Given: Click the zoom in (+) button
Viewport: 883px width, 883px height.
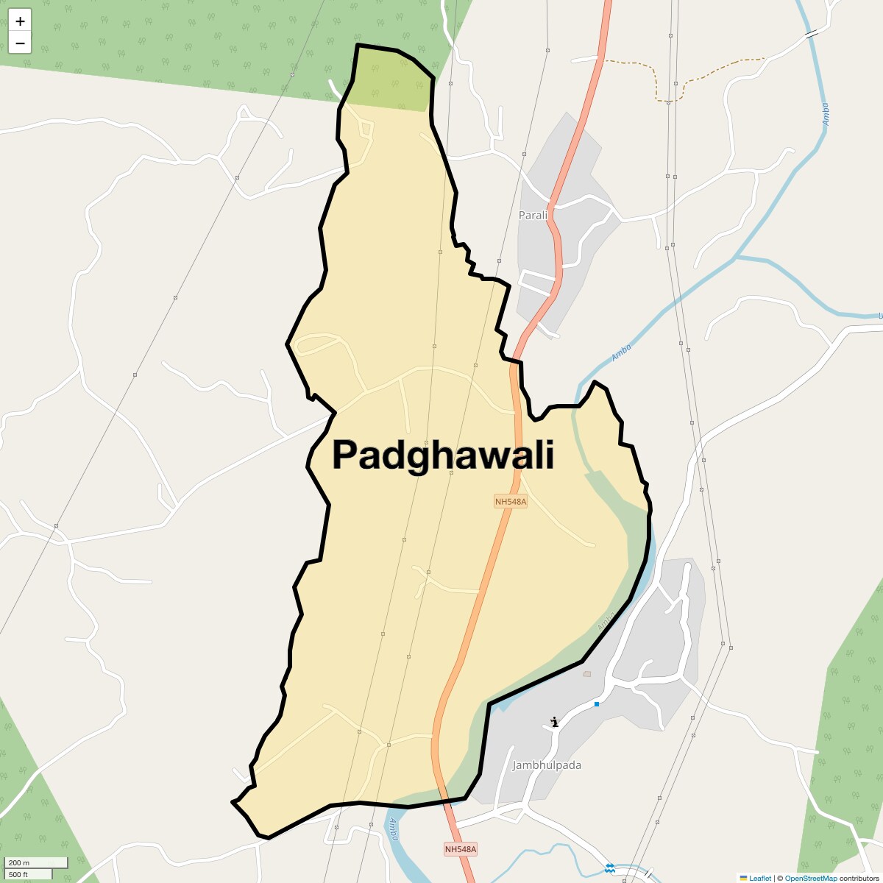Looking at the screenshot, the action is [x=20, y=21].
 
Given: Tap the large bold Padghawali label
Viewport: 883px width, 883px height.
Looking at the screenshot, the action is [x=443, y=455].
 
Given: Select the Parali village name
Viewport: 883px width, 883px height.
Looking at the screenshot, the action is [x=533, y=215].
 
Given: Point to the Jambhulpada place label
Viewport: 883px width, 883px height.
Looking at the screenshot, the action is [x=547, y=765].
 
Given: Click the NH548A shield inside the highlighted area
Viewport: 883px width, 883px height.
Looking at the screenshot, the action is [x=511, y=502].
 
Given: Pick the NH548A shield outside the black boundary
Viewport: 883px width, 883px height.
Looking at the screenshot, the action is [x=461, y=849].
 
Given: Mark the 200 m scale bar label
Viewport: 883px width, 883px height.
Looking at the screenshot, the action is [x=20, y=862].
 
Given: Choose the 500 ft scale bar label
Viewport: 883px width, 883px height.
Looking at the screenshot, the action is [x=19, y=874].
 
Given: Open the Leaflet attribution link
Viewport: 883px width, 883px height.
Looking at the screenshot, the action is [x=759, y=878].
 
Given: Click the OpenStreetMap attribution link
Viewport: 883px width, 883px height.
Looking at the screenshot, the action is [x=810, y=878].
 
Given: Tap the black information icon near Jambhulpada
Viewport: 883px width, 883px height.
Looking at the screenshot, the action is [x=555, y=722].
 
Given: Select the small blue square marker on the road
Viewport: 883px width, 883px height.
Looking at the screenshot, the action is [x=597, y=704].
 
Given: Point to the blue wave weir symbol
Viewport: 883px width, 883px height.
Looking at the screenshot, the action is [x=609, y=869].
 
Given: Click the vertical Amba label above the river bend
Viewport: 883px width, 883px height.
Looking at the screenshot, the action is [x=825, y=114].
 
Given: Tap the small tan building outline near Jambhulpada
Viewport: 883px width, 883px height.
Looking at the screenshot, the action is [x=586, y=673].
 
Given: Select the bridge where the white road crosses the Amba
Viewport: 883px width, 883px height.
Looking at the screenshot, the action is [x=812, y=34].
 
